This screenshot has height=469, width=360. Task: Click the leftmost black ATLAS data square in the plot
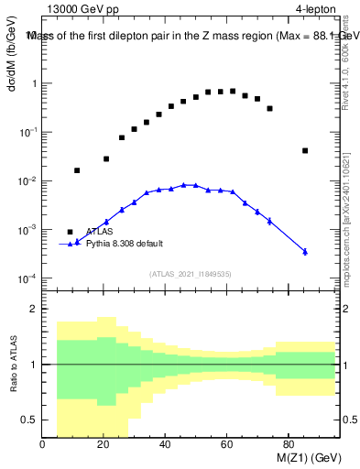click(77, 170)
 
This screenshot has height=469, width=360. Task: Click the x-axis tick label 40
click(165, 446)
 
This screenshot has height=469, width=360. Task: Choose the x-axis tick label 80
click(288, 446)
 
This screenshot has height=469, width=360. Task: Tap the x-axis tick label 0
click(43, 446)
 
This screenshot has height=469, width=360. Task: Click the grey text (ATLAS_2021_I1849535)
click(189, 273)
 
